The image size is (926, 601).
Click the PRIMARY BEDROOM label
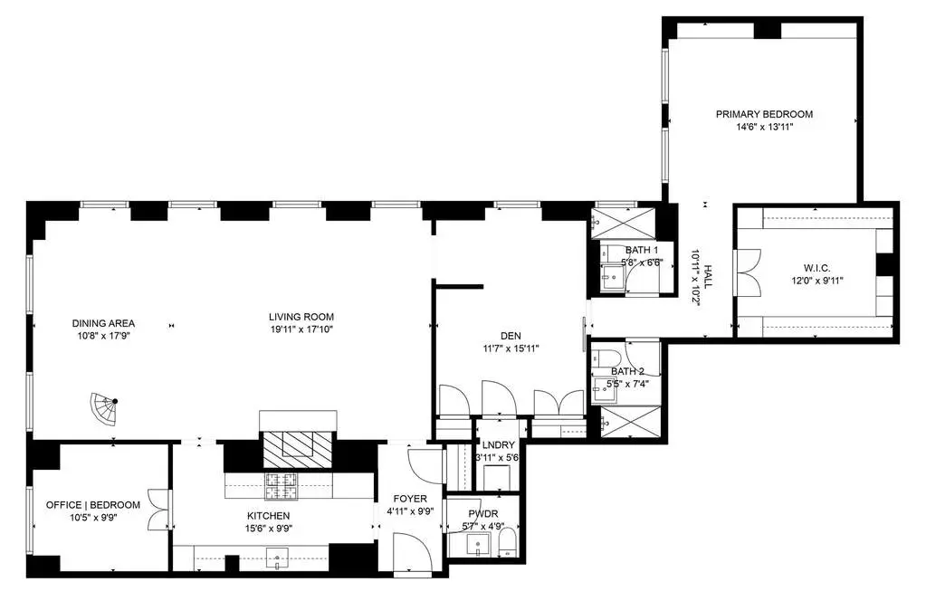[764, 114]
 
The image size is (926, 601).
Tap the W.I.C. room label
[816, 269]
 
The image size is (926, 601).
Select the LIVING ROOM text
[301, 317]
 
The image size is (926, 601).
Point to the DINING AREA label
[103, 323]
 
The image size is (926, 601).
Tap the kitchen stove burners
[282, 486]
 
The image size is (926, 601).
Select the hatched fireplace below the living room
[298, 449]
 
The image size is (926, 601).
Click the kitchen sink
[277, 556]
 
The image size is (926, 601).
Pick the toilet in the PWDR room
[507, 542]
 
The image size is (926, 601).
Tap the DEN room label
[511, 336]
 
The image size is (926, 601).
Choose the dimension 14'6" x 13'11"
[764, 127]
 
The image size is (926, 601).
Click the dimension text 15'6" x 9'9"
[269, 529]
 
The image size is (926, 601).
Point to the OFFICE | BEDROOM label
[93, 505]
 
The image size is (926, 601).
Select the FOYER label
[410, 499]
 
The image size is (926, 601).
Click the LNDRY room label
[499, 445]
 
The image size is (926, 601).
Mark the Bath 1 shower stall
[624, 223]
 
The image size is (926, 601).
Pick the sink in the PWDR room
[478, 544]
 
